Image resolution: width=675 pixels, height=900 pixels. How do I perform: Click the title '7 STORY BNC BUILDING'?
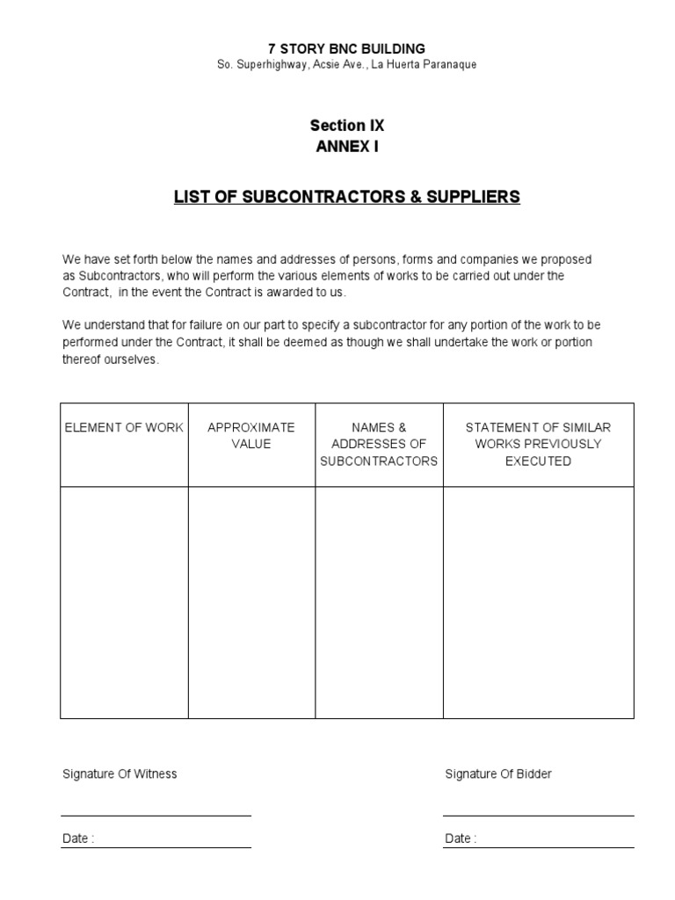coord(346,48)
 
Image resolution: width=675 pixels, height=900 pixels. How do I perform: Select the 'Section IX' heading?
coord(346,126)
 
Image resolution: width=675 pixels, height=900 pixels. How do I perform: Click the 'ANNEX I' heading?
coord(346,147)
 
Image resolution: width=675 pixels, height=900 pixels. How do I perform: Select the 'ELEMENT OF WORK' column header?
coord(124,427)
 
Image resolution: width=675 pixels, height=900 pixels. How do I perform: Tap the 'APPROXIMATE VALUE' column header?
coord(251,435)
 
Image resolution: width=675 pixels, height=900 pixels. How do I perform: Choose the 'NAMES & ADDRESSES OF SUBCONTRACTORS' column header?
coord(379,444)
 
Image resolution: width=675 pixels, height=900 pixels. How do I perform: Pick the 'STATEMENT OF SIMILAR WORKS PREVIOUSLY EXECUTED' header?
coord(538,444)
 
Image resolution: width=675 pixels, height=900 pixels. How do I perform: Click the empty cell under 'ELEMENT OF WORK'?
coord(124,602)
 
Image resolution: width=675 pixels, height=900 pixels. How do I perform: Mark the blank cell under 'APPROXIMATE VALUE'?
coord(251,602)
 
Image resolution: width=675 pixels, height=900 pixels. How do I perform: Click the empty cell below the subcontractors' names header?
coord(379,602)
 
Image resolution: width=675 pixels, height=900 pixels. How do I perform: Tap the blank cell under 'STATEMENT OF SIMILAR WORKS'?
coord(538,602)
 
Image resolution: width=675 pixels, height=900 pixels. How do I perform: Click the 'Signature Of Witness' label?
coord(120,774)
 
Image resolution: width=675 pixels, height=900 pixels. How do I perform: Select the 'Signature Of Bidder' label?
coord(498,774)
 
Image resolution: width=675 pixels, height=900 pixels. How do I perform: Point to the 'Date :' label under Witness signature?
coord(78,838)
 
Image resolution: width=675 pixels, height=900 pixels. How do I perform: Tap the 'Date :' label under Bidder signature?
coord(461,838)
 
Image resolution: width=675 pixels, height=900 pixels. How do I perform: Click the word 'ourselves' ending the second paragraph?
coord(134,359)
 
